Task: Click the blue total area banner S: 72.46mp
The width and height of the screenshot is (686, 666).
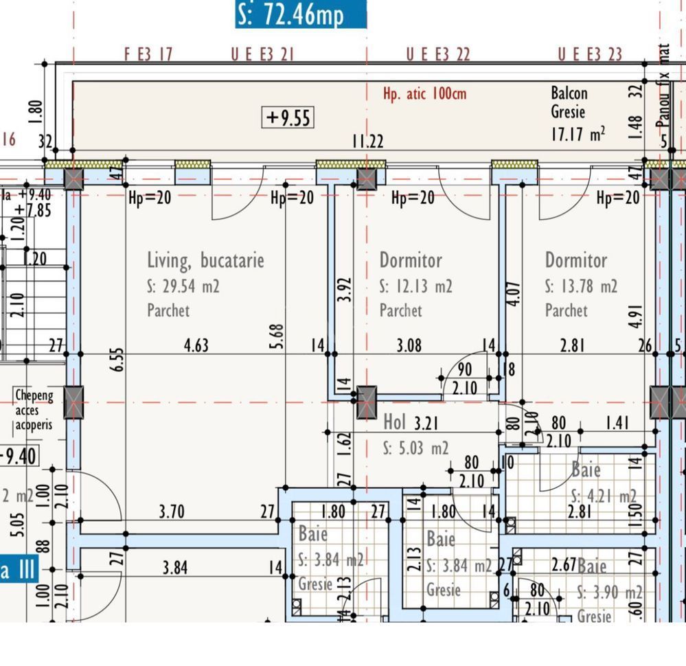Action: point(301,14)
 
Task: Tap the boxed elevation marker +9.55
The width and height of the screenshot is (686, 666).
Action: point(288,117)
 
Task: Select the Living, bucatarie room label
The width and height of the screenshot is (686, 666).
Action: point(205,260)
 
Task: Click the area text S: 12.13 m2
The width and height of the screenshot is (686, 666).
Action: point(415,286)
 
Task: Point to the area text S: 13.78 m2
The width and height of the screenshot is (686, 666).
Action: point(581,286)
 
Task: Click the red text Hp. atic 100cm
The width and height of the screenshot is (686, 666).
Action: point(424,93)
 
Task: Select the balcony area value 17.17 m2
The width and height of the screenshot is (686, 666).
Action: point(578,133)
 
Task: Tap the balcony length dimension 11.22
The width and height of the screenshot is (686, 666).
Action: point(368,141)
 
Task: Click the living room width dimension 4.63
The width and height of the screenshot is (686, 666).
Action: point(196,345)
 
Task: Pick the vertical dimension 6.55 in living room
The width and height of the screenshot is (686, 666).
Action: point(117,360)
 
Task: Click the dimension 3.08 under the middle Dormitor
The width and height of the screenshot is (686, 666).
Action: point(409,345)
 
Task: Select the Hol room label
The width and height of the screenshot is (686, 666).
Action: point(395,421)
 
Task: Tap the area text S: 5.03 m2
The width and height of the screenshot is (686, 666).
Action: point(415,448)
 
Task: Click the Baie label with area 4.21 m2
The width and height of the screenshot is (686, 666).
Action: point(586,470)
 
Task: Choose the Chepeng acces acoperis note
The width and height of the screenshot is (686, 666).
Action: point(33,410)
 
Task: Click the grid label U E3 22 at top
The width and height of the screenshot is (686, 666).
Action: point(438,55)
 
